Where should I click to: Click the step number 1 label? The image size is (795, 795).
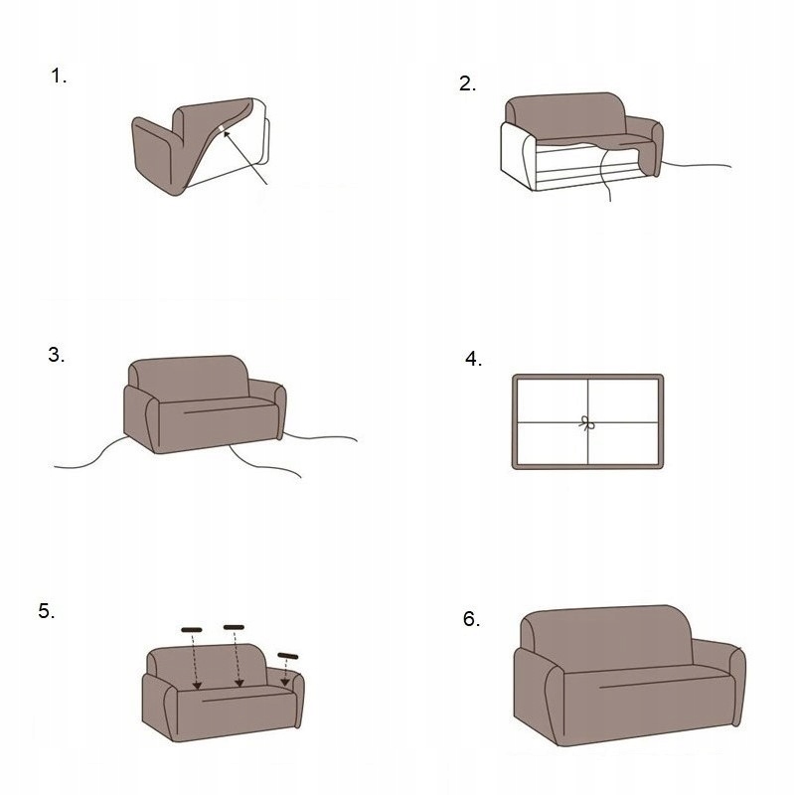59,77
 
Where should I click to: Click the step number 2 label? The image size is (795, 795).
467,83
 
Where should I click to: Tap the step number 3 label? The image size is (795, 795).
57,355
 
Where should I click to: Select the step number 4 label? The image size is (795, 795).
474,359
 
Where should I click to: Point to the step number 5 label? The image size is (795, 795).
47,611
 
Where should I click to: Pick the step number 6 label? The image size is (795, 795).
471,619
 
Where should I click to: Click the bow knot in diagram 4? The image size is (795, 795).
586,423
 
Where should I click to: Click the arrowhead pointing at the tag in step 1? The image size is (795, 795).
227,134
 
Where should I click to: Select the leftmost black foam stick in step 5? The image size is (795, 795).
192,630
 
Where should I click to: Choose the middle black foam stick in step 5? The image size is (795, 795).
234,627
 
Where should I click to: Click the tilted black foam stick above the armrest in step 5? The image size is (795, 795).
288,656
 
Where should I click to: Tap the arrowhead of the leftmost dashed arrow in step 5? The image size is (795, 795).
197,686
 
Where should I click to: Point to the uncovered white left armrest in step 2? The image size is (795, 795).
516,155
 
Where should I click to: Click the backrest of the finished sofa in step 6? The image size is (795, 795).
607,637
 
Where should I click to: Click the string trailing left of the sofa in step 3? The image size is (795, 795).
92,455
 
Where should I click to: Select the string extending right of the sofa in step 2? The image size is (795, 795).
696,165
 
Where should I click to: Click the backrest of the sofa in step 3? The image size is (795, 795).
189,378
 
